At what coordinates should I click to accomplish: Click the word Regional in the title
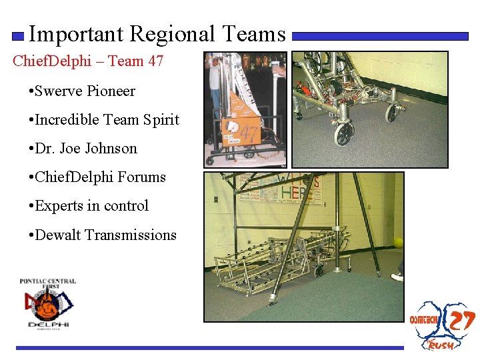172,34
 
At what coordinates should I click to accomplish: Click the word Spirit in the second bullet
161,120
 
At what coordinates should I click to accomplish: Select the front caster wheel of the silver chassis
344,133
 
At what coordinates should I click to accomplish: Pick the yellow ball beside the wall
398,243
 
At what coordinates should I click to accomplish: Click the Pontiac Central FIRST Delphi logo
47,303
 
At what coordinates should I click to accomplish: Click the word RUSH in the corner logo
441,344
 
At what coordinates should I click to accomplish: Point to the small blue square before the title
19,36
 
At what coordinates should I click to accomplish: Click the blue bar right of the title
380,36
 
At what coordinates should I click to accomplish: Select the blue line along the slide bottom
210,347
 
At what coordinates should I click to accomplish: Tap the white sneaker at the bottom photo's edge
397,277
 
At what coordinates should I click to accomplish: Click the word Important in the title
77,34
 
